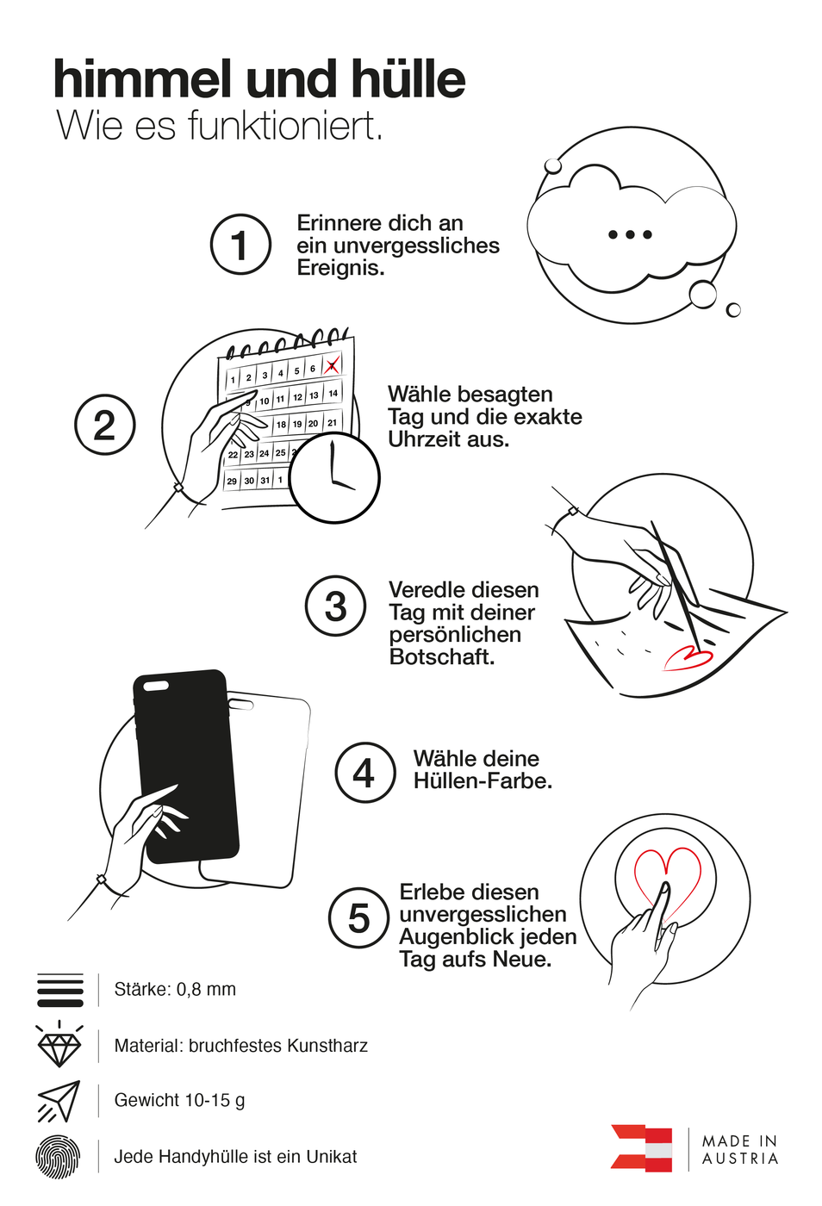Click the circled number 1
(241, 245)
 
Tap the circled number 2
(105, 425)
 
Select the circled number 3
(336, 606)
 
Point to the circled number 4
(365, 773)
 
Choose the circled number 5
(358, 918)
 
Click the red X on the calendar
(332, 365)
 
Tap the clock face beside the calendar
(334, 478)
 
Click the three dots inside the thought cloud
(630, 234)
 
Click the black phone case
(186, 758)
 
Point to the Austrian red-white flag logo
(642, 1148)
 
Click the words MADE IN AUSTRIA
(740, 1150)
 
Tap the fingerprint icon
(58, 1157)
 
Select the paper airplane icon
(59, 1101)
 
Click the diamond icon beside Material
(59, 1046)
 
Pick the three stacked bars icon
(60, 991)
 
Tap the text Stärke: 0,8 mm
(175, 990)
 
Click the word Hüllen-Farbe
(483, 781)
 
